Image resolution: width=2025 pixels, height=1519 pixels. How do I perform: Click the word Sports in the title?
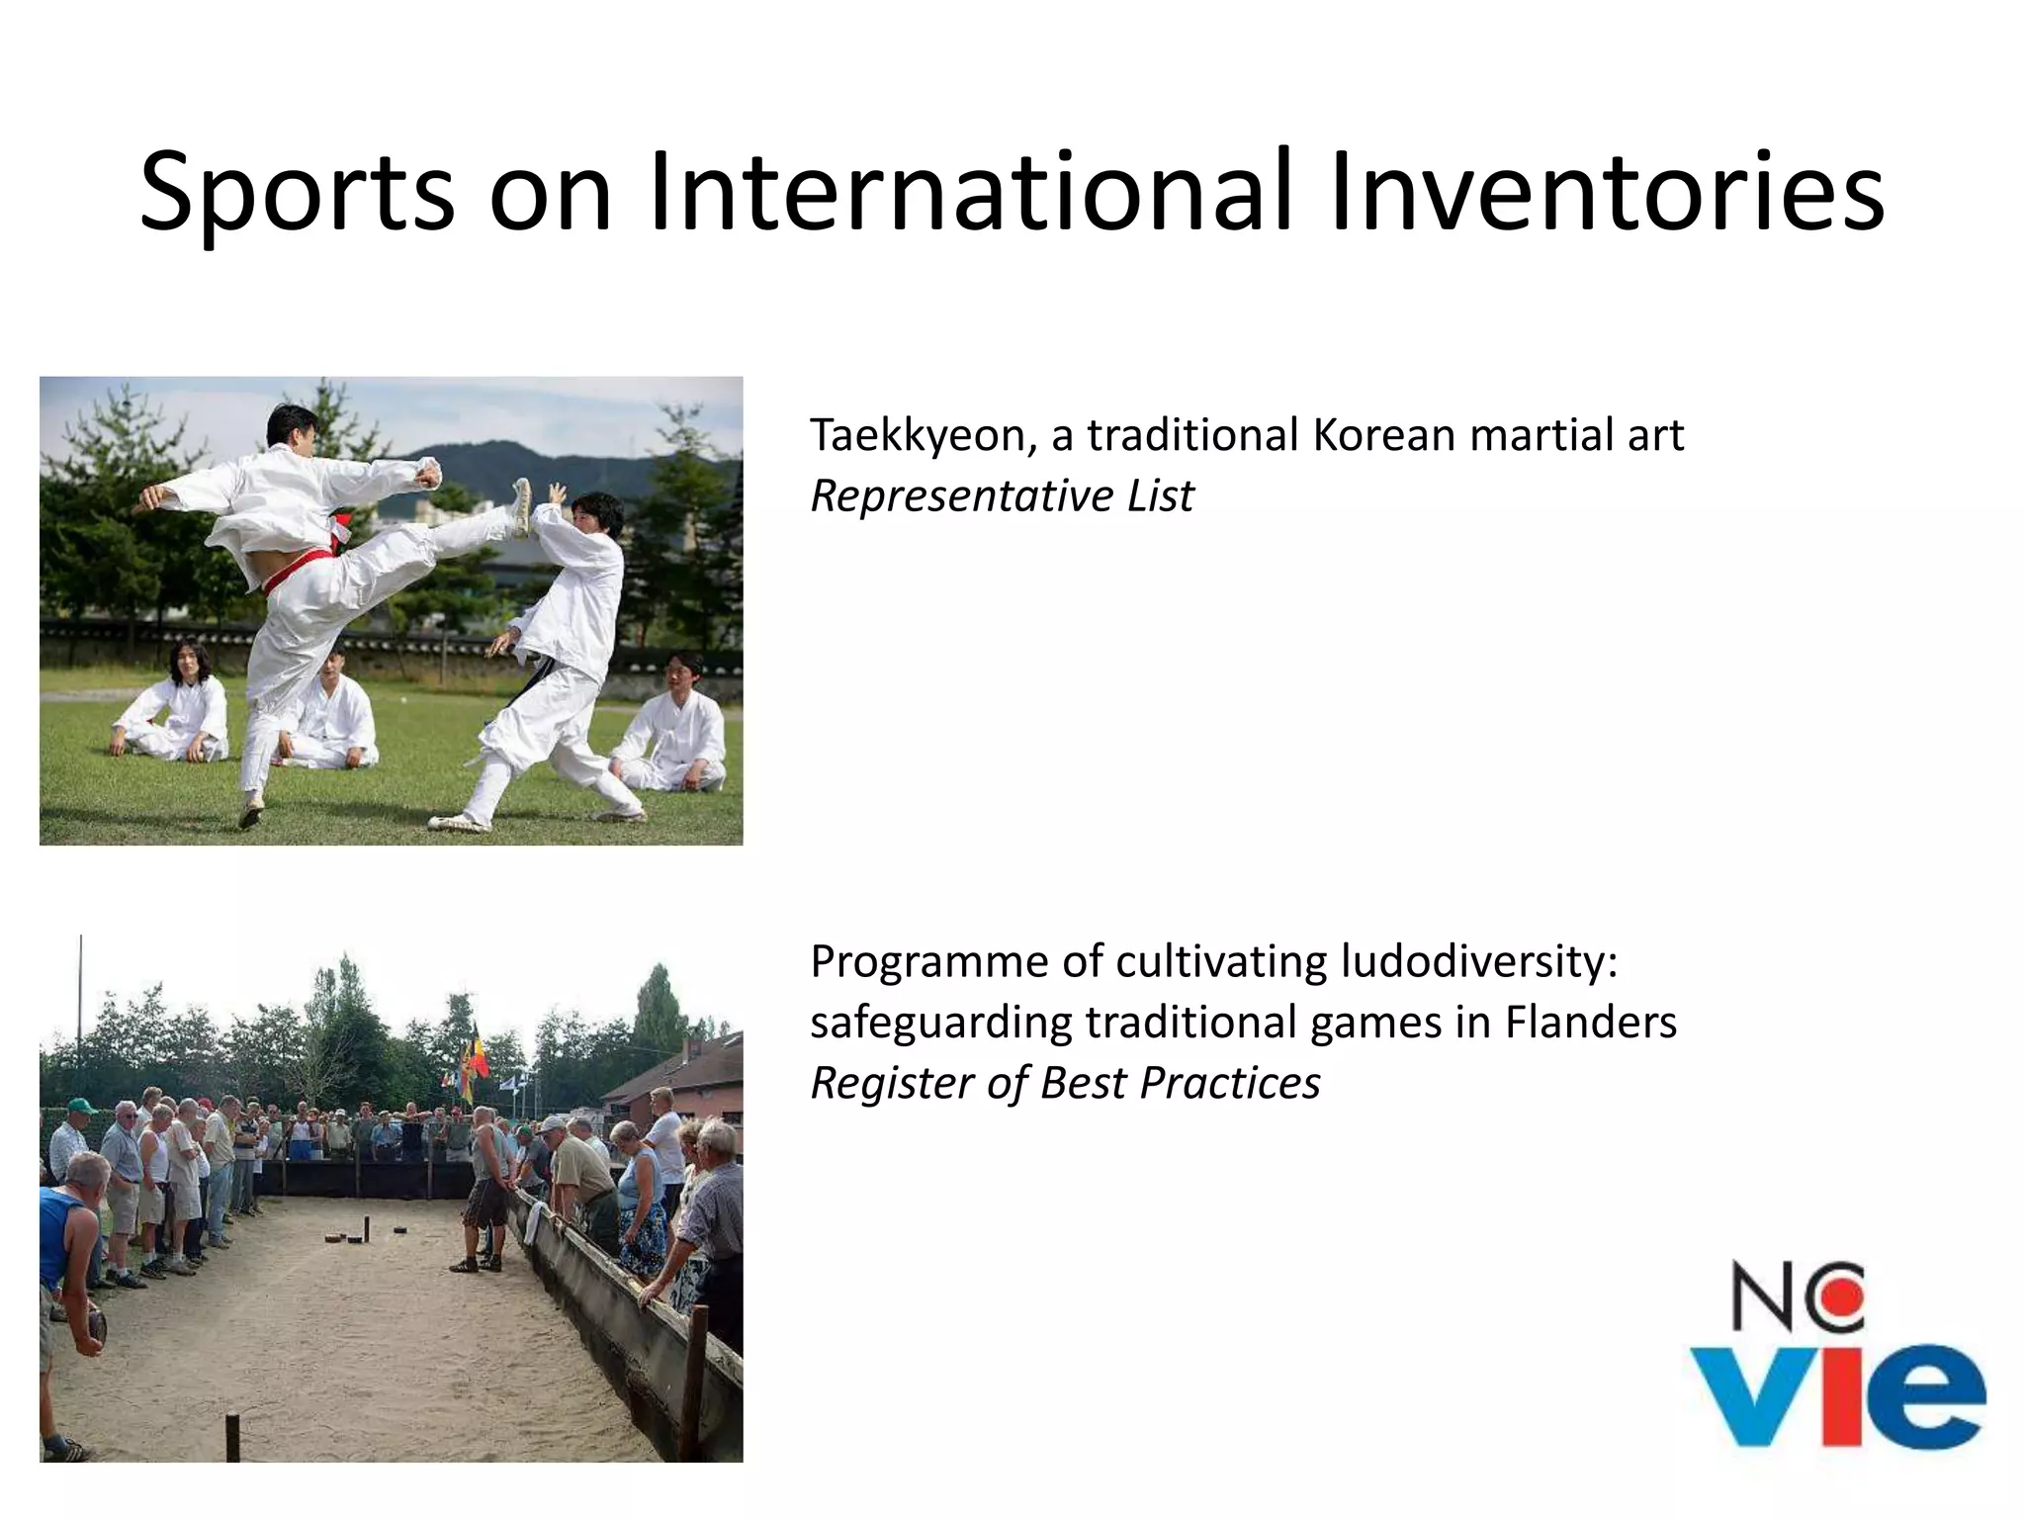(x=297, y=193)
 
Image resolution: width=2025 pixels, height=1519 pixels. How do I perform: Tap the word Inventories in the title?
(x=1607, y=193)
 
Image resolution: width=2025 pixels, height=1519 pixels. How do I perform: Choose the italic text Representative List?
(x=1002, y=496)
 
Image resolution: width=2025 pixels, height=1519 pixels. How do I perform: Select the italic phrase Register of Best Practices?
(x=1065, y=1083)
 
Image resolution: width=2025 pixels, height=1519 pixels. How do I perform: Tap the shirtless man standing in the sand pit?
(x=485, y=1187)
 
